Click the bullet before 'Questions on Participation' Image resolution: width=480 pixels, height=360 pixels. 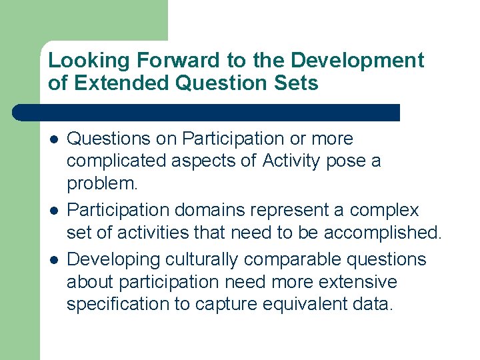click(53, 139)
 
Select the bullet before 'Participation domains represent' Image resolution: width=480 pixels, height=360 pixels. click(53, 211)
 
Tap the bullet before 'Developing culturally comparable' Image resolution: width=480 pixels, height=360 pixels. click(53, 259)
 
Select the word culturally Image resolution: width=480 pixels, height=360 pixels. click(201, 259)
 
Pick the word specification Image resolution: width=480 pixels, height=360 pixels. click(117, 305)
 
